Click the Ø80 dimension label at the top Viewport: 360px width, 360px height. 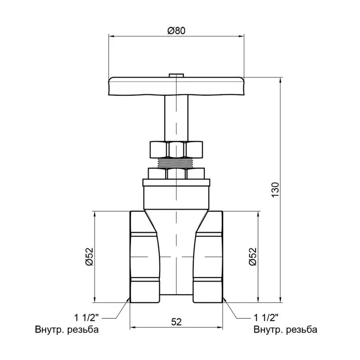tap(176, 30)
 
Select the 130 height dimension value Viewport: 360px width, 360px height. tap(274, 190)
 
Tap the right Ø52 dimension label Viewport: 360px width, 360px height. tap(252, 256)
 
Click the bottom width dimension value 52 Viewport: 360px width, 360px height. tap(176, 321)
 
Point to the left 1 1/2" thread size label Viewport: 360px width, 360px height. tap(86, 318)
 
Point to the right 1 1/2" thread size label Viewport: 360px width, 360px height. tap(266, 318)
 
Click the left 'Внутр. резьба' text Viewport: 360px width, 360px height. tap(66, 330)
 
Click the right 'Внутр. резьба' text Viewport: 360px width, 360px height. tap(285, 330)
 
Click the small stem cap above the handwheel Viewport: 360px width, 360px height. tap(176, 75)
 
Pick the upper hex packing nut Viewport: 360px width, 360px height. tap(176, 149)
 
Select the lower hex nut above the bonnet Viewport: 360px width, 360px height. tap(176, 173)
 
